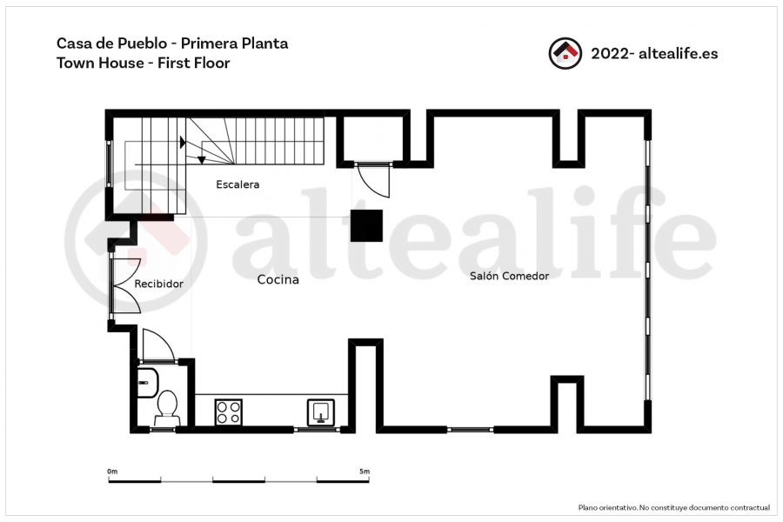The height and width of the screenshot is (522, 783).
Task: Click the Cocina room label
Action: (x=278, y=280)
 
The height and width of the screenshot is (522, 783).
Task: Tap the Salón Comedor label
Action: (x=509, y=276)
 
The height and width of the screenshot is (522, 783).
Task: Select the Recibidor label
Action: (x=159, y=284)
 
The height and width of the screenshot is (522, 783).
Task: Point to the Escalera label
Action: (x=238, y=184)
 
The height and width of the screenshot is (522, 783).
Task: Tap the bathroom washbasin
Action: (x=147, y=383)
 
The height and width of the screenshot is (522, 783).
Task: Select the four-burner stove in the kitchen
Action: (x=228, y=412)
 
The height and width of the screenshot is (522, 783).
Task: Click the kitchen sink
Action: (x=320, y=412)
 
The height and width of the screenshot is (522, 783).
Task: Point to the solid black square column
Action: (x=366, y=226)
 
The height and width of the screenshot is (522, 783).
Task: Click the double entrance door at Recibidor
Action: (x=124, y=286)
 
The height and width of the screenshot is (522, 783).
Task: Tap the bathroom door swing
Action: (x=158, y=345)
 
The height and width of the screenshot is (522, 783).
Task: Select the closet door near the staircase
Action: (x=372, y=180)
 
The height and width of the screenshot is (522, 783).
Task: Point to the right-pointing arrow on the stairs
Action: (x=183, y=143)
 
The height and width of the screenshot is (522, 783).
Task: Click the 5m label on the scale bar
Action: (x=365, y=471)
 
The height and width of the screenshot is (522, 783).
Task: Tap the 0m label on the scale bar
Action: (x=112, y=471)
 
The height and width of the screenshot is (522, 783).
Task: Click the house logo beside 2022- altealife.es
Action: (x=565, y=53)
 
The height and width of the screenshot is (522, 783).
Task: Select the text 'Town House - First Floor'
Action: (x=144, y=64)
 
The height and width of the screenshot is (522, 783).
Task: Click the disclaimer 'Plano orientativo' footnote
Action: (x=674, y=507)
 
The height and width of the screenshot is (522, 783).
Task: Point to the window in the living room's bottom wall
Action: (x=471, y=429)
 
